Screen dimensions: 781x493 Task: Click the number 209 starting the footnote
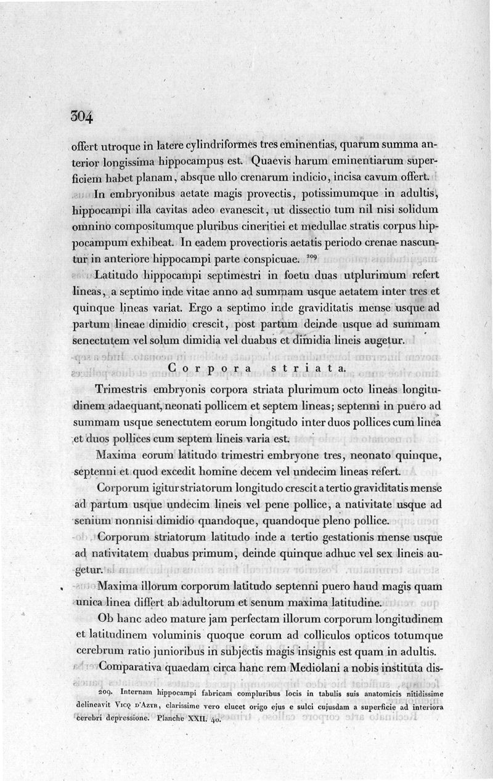tap(108, 692)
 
